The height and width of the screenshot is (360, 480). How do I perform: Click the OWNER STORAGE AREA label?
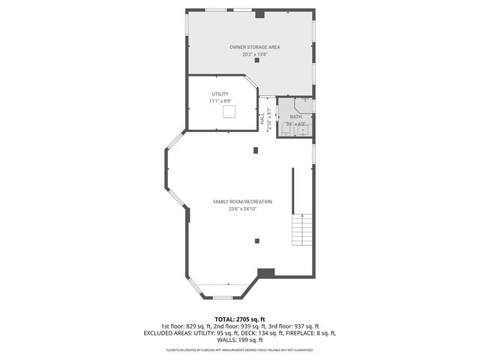(250, 47)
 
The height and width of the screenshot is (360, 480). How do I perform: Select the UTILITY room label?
(220, 94)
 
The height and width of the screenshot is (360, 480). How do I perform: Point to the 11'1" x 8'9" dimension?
(220, 100)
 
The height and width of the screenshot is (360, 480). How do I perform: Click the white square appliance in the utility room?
(230, 111)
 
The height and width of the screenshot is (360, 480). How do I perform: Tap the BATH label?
(295, 117)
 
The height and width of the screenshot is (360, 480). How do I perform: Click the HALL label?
(262, 118)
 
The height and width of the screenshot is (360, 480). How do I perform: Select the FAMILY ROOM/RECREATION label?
(241, 202)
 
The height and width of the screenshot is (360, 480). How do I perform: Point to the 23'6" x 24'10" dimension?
(241, 208)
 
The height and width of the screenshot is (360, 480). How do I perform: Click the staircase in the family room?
(301, 228)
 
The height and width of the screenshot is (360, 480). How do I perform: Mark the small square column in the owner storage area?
(257, 61)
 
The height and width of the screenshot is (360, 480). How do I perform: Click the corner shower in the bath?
(306, 104)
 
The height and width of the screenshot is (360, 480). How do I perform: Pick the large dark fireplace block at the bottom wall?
(266, 273)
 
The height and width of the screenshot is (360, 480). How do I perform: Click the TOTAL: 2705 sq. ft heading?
(240, 319)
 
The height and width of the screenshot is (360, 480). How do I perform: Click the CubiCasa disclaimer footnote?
(240, 349)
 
